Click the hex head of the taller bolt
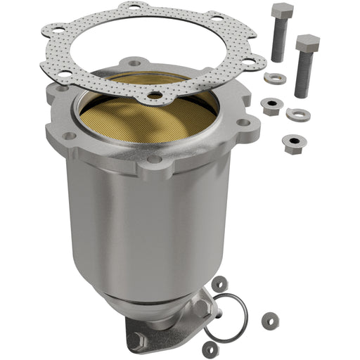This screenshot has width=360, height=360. pos(282,12)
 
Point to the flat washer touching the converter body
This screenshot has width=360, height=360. pos(219,283)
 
